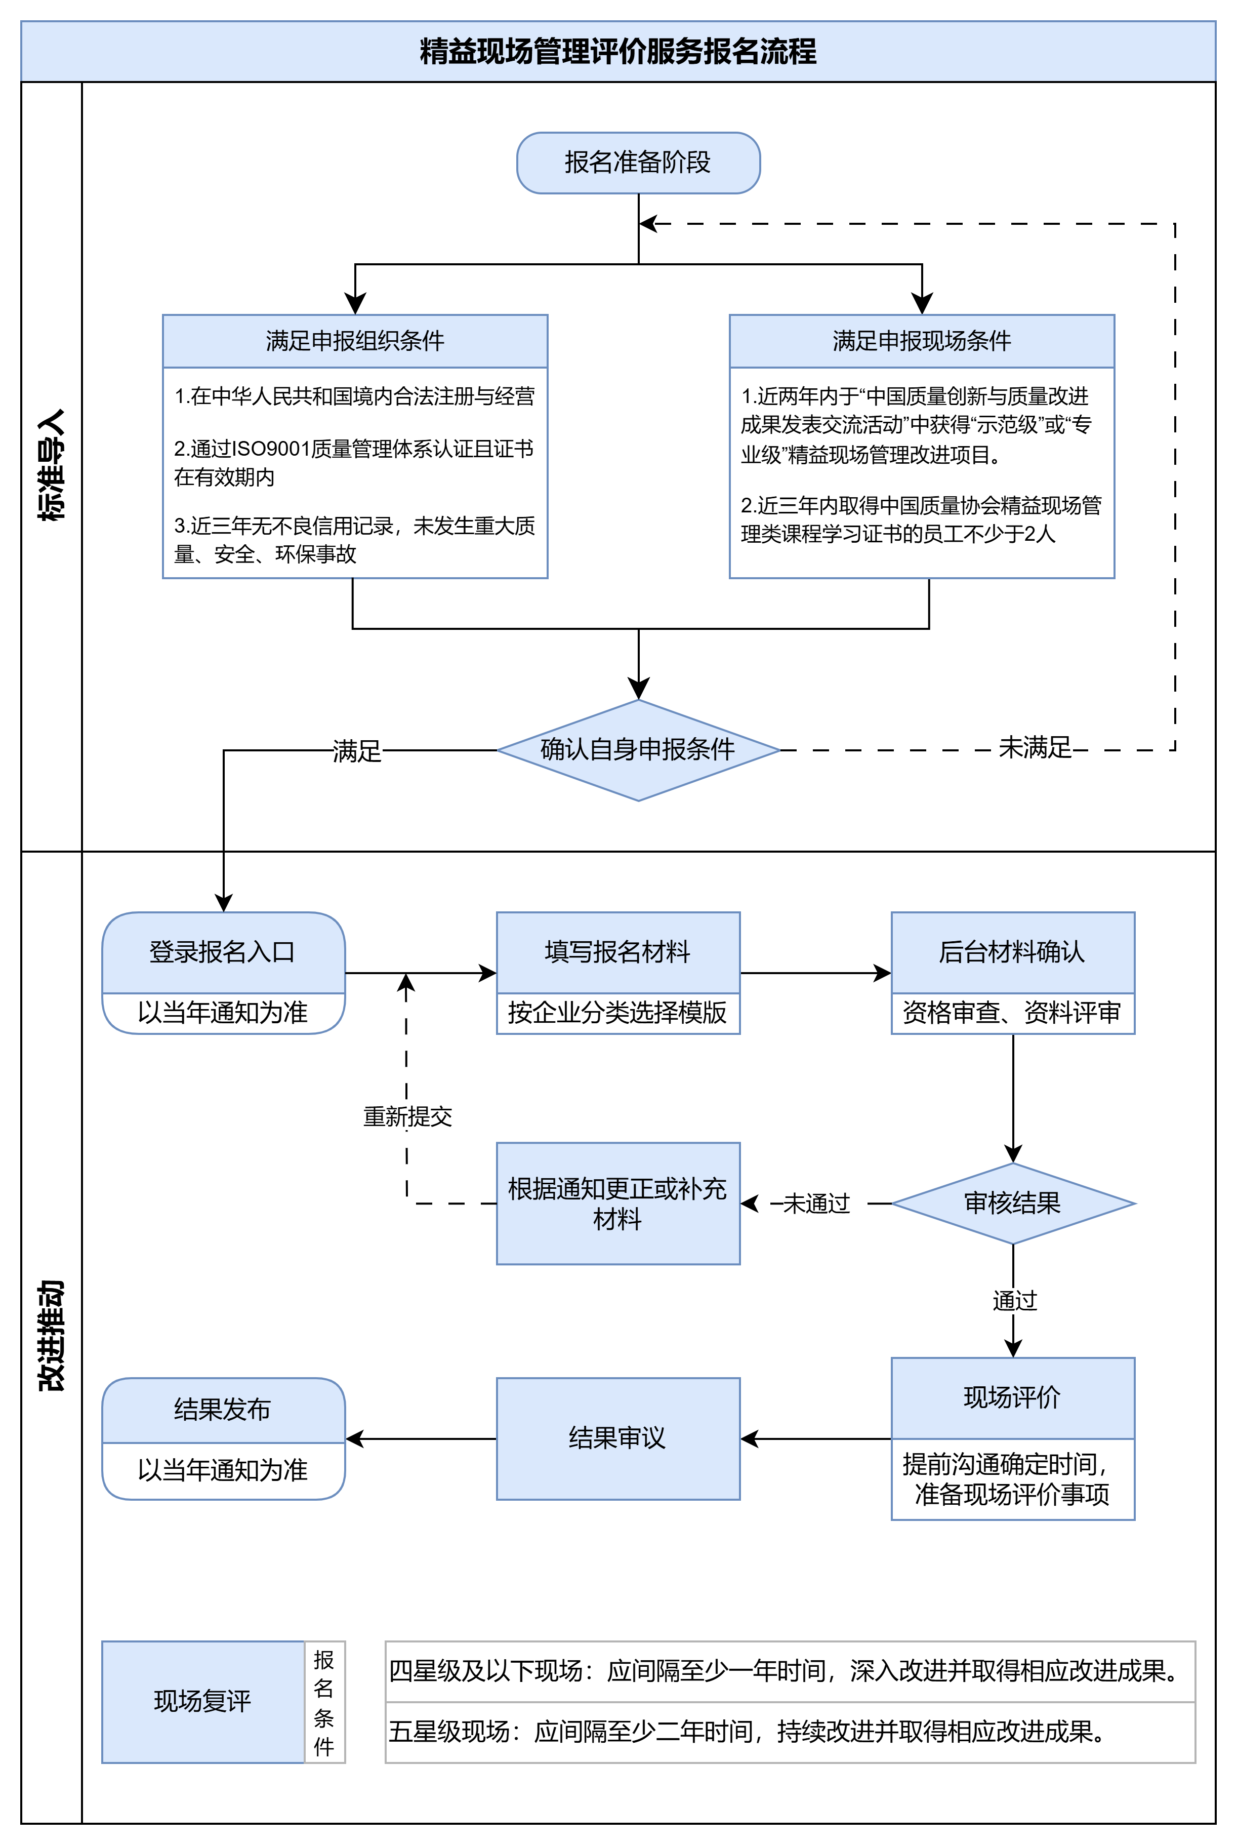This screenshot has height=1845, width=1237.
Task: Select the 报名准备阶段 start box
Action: (x=638, y=163)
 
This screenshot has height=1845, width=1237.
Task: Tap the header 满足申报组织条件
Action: (x=355, y=341)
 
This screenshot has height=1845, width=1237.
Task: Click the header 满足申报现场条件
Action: (x=922, y=341)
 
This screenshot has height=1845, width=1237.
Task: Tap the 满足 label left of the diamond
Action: (x=357, y=750)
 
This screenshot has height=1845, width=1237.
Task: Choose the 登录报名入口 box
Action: (x=223, y=952)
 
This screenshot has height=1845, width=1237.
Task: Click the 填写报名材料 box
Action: (x=617, y=952)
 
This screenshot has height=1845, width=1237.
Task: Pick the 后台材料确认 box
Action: (x=1012, y=952)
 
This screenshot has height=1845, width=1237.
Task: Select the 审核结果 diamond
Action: (x=1012, y=1204)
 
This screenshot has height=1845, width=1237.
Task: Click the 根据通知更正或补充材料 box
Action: (x=617, y=1204)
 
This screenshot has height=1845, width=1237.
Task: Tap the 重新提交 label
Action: (x=407, y=1116)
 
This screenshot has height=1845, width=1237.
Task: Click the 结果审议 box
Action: (x=617, y=1438)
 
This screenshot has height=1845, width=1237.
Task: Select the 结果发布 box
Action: (x=223, y=1410)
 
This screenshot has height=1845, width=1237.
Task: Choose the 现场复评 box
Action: (x=203, y=1701)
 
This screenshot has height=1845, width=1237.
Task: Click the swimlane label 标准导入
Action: (x=51, y=466)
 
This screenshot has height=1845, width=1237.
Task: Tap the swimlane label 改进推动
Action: (x=51, y=1335)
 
